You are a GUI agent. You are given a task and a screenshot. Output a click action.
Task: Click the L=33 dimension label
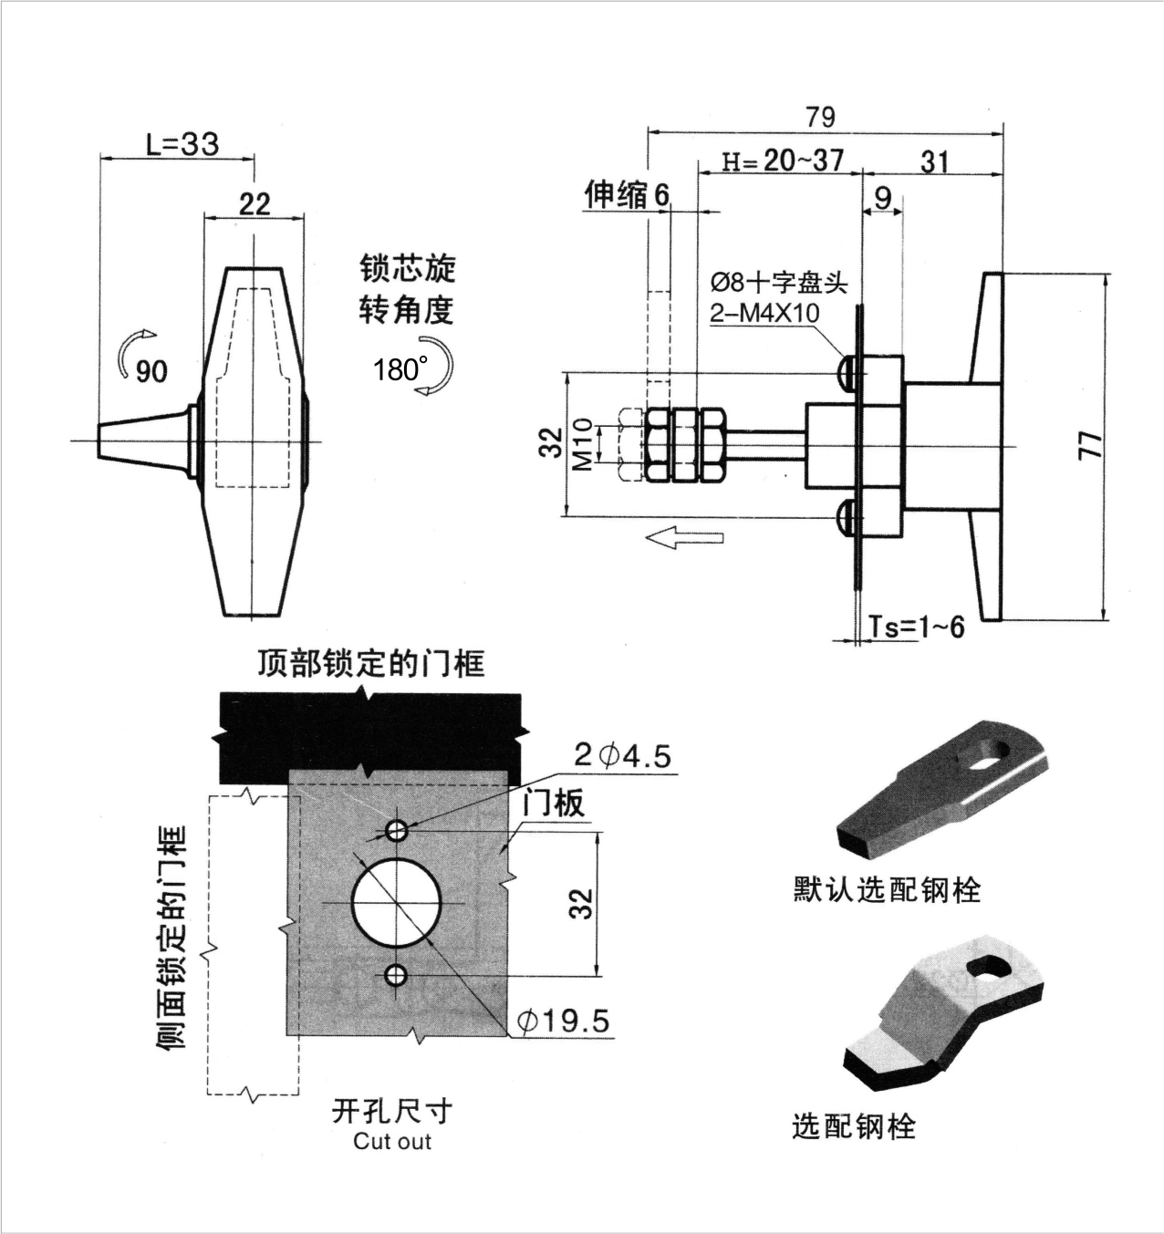click(182, 144)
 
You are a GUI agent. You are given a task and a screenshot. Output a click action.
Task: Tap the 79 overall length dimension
click(820, 117)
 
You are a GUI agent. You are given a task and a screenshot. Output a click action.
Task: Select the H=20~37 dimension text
click(783, 161)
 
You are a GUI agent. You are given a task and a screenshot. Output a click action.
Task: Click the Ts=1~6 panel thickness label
click(916, 627)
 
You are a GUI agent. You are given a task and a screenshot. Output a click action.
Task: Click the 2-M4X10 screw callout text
click(764, 313)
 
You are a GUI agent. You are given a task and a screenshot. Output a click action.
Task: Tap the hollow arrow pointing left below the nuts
click(685, 538)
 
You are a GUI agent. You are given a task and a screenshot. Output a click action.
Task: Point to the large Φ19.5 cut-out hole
click(397, 903)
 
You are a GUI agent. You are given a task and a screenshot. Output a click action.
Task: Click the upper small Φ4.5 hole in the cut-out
click(397, 830)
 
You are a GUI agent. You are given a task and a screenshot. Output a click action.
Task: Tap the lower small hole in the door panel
click(396, 976)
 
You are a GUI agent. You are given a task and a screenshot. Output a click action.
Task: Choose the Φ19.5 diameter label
click(563, 1021)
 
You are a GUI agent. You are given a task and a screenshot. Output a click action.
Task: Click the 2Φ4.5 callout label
click(622, 755)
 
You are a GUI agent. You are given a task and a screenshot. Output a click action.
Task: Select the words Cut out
click(392, 1141)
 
